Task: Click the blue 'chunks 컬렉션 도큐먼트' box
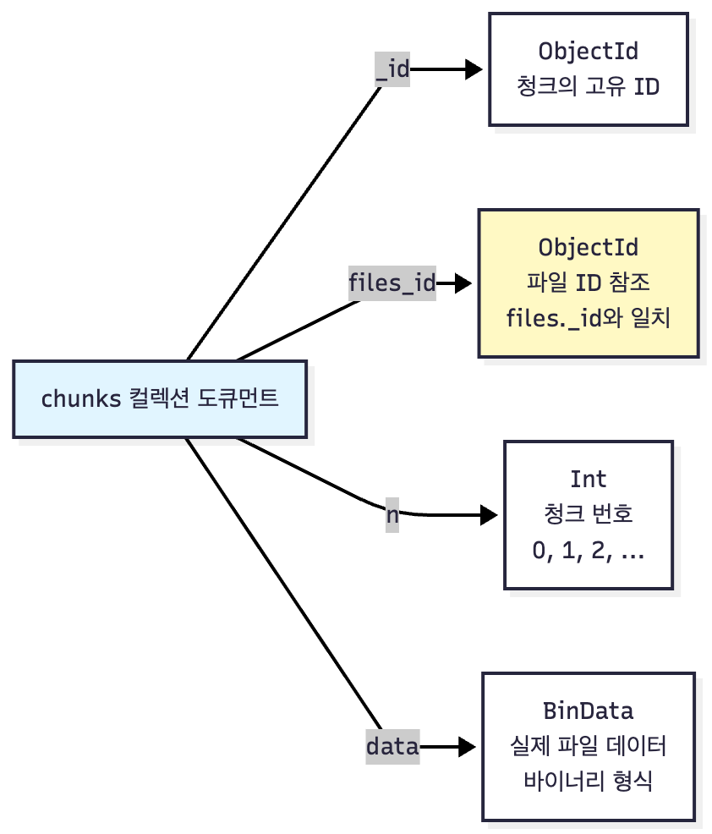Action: pos(160,399)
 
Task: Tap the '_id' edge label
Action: pos(392,69)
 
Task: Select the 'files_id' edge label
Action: pos(392,283)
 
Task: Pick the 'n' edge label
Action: pos(392,514)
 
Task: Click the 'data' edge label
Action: pos(392,746)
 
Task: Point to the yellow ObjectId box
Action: pos(589,283)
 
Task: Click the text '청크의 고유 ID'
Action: pos(589,86)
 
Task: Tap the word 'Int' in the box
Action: pos(589,479)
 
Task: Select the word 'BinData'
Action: pos(589,710)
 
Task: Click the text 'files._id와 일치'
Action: pos(589,319)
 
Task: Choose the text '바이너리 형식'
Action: pos(589,781)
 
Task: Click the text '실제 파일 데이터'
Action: pos(589,746)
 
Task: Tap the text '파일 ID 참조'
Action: pos(589,283)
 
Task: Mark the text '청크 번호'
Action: pos(589,514)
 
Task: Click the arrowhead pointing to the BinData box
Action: pos(467,746)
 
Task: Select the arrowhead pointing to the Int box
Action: pos(490,514)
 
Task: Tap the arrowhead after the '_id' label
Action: pos(474,69)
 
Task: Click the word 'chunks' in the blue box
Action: pos(81,399)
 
